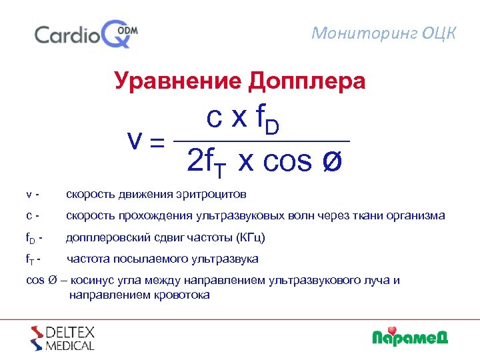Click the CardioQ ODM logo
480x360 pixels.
[x=86, y=34]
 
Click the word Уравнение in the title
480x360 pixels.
[x=178, y=81]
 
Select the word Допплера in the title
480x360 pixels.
[x=307, y=81]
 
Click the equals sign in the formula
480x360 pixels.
[x=157, y=141]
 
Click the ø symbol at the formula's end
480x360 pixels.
[x=331, y=162]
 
